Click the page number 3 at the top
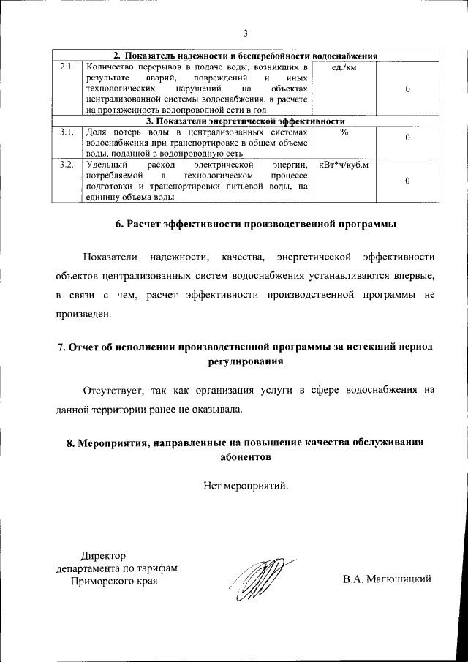pos(246,33)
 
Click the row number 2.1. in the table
pos(67,67)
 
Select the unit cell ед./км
pos(344,67)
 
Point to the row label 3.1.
pos(67,132)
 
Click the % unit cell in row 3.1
pos(344,132)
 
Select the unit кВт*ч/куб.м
pos(344,165)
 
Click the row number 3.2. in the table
pos(67,165)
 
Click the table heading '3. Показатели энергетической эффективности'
pos(246,121)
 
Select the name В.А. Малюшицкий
pos(387,579)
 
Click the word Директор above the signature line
pos(104,556)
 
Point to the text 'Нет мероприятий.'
pos(246,484)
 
